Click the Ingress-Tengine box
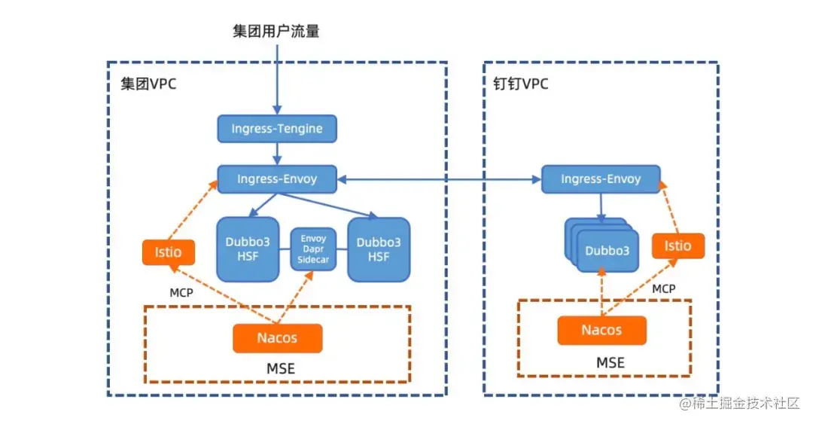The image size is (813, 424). click(277, 129)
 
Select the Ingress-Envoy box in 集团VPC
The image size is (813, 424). click(277, 179)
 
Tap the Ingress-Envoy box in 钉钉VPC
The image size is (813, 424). click(601, 179)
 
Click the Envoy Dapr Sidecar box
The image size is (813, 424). click(313, 249)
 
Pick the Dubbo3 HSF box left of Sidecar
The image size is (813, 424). click(248, 249)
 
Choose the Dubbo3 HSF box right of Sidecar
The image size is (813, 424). click(379, 249)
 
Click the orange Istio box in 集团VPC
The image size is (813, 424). click(169, 252)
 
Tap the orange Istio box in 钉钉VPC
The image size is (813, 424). click(677, 246)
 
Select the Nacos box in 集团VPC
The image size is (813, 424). click(277, 338)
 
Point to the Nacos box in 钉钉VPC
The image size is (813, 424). click(601, 330)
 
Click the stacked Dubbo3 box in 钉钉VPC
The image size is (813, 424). click(601, 245)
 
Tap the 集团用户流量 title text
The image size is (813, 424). click(276, 31)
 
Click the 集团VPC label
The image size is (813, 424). click(148, 84)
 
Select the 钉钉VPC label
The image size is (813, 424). click(521, 84)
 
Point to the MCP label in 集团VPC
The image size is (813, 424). click(181, 293)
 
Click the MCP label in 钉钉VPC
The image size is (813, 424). click(664, 288)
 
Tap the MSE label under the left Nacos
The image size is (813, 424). click(281, 368)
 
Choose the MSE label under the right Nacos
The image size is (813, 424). click(611, 362)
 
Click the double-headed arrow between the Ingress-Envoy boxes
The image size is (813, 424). click(439, 179)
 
